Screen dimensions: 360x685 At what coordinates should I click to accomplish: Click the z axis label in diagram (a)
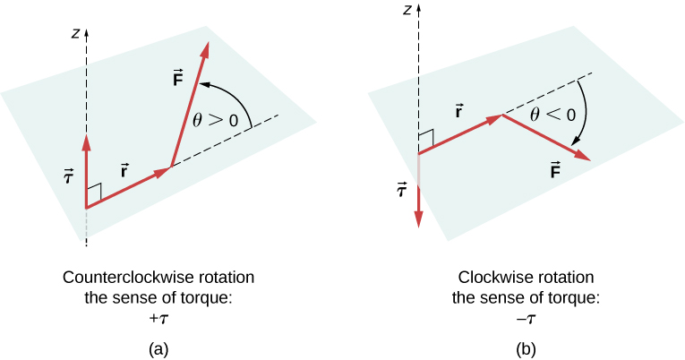pyautogui.click(x=78, y=34)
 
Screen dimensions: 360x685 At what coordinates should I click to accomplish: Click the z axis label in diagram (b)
pyautogui.click(x=407, y=11)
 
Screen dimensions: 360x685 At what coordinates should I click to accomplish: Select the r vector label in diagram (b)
pyautogui.click(x=458, y=114)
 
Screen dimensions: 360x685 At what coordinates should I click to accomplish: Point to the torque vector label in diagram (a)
pyautogui.click(x=67, y=176)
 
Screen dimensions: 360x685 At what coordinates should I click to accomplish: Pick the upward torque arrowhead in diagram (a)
pyautogui.click(x=86, y=141)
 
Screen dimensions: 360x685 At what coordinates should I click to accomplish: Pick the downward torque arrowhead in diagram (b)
pyautogui.click(x=418, y=221)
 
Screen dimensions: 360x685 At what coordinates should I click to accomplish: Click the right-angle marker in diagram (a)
pyautogui.click(x=95, y=192)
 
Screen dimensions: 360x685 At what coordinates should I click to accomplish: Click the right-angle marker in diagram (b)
pyautogui.click(x=425, y=139)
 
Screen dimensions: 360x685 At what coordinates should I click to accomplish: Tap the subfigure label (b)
pyautogui.click(x=525, y=347)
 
